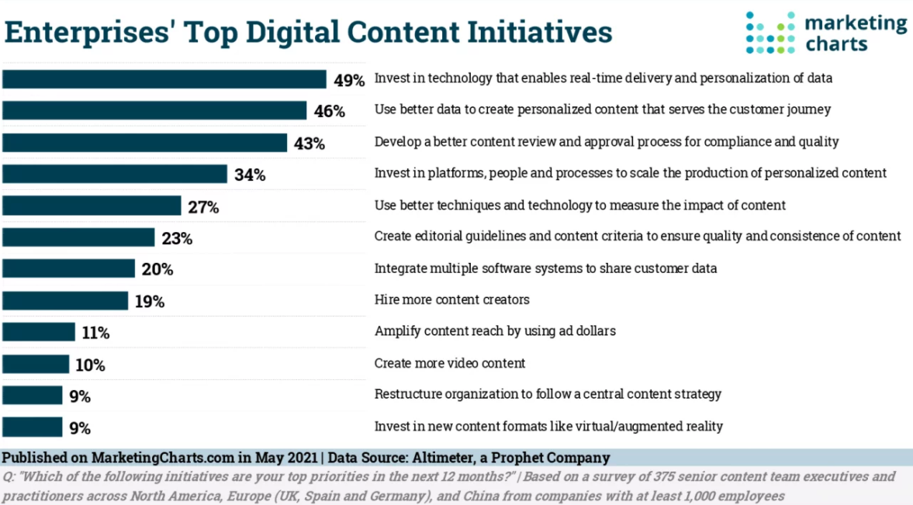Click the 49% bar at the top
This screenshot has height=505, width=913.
tap(164, 79)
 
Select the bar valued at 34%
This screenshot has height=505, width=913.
tap(115, 174)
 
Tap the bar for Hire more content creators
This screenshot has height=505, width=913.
tap(65, 300)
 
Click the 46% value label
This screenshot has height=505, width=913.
tap(330, 112)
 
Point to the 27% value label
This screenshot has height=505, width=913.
tap(203, 207)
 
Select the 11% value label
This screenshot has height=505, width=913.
tap(95, 334)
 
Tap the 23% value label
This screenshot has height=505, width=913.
tap(177, 239)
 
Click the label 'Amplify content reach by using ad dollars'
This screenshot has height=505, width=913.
tap(495, 331)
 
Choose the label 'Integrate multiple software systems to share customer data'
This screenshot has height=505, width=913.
tap(545, 268)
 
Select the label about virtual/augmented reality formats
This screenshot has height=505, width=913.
tap(548, 426)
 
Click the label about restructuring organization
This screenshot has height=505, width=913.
tap(548, 394)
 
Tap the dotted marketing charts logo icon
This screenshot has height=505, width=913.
tap(771, 32)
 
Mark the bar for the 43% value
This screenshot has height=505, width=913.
tap(145, 143)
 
